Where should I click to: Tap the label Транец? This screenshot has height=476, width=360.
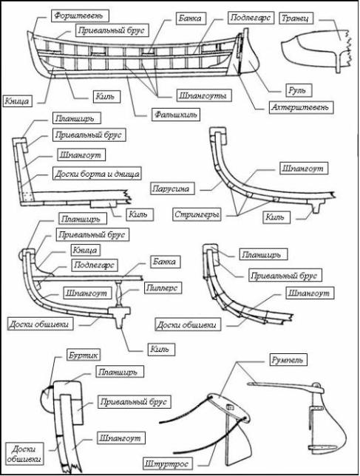[295, 18]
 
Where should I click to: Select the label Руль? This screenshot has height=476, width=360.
[297, 90]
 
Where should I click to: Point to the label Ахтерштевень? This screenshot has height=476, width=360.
[299, 107]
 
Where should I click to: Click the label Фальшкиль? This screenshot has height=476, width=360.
[176, 115]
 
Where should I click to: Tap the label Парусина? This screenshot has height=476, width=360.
[171, 188]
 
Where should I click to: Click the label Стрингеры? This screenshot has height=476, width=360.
[197, 214]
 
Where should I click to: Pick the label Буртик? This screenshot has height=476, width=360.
[83, 355]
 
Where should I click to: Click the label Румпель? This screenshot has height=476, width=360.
[287, 360]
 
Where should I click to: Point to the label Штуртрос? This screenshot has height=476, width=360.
[166, 463]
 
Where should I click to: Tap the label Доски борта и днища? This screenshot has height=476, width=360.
[97, 174]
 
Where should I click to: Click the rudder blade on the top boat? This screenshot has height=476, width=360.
[249, 59]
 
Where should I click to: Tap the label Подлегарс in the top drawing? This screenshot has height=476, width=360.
[251, 17]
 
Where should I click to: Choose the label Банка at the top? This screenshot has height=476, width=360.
[190, 18]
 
